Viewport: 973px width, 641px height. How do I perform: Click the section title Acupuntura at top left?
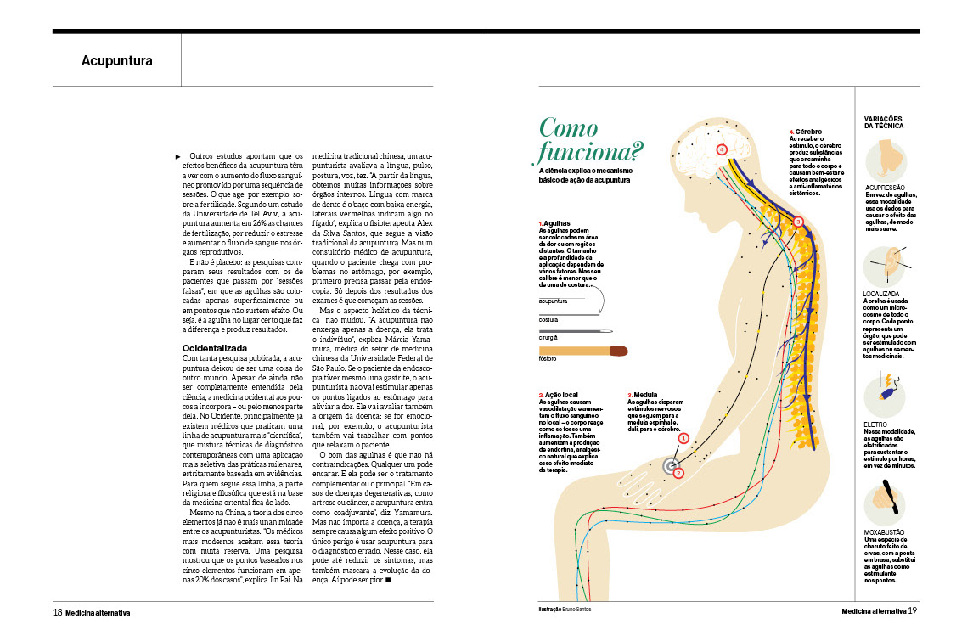117,61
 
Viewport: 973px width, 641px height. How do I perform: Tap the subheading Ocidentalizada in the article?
215,348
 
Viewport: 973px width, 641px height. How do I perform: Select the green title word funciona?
588,154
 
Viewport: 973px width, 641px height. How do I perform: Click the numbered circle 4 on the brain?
722,149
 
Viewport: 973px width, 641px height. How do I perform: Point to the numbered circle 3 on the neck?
797,222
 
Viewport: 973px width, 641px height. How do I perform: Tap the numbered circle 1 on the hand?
683,439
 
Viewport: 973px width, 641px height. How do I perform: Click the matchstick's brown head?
618,350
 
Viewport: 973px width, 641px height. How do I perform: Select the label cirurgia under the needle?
549,338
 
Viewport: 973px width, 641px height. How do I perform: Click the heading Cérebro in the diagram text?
808,132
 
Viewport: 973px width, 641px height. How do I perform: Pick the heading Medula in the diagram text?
644,396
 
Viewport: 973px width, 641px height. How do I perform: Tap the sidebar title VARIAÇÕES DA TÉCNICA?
884,121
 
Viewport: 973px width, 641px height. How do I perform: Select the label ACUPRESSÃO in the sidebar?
885,187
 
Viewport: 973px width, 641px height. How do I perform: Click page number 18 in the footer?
58,611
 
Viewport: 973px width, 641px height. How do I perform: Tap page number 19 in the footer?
912,610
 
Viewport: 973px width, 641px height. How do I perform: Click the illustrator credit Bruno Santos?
580,610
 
